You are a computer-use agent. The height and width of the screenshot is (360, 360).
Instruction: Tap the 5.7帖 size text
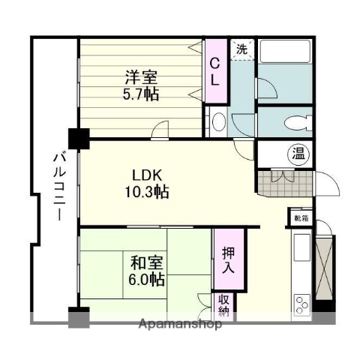141,95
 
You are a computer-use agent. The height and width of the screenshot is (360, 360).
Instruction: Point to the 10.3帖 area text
146,192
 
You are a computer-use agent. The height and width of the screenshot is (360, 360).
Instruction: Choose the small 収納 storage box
224,304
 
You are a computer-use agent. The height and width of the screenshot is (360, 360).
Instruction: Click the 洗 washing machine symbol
241,49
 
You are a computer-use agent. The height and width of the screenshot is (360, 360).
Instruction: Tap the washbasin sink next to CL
218,121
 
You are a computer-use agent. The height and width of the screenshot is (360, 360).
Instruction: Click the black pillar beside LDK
78,138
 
